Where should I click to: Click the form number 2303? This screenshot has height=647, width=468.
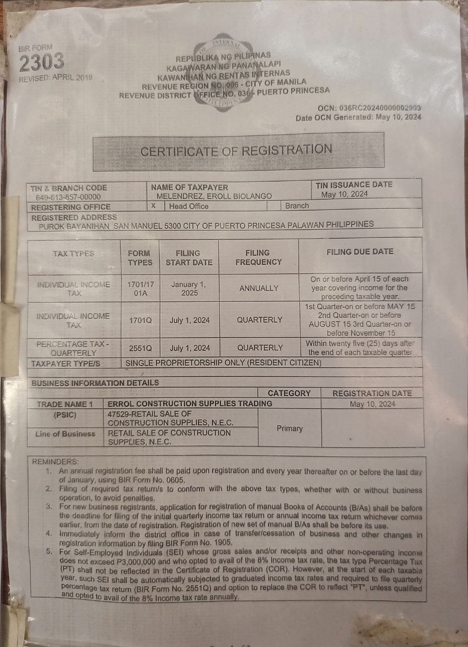(42, 63)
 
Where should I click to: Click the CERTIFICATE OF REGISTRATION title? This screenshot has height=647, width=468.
(236, 151)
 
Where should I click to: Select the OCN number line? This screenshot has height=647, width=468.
(369, 108)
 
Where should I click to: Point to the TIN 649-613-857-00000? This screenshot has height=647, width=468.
(68, 197)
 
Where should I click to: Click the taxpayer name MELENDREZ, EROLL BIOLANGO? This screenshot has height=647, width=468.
(214, 196)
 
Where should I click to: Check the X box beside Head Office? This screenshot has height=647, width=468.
(153, 206)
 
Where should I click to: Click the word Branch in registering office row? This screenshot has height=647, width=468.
(297, 206)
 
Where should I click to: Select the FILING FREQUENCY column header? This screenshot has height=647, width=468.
(258, 257)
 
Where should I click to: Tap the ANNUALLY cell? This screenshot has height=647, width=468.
(259, 288)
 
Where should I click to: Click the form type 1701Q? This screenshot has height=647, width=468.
(140, 320)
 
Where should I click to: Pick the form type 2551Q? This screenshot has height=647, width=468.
(140, 348)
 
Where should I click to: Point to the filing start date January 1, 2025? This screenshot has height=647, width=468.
(189, 289)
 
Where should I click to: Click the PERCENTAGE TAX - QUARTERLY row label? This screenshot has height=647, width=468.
(74, 348)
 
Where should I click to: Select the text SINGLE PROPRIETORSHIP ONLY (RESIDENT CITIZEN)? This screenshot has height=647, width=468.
(223, 363)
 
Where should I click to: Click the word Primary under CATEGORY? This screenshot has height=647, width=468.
(290, 428)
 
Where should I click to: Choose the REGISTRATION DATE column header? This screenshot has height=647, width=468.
(372, 393)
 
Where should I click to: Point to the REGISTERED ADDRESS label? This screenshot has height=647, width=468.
(74, 217)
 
